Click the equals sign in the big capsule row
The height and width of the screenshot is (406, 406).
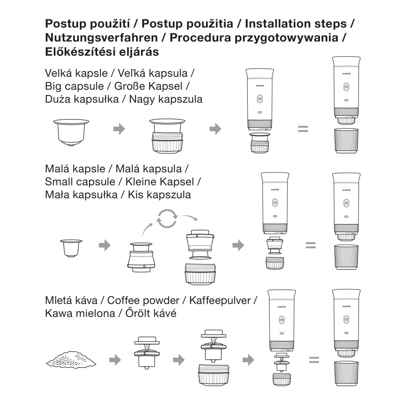303,128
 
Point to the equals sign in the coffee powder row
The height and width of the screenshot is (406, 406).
314,360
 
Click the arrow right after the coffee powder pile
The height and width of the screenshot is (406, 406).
115,360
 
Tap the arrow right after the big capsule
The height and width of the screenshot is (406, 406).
119,129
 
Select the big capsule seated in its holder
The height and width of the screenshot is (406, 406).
167,137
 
